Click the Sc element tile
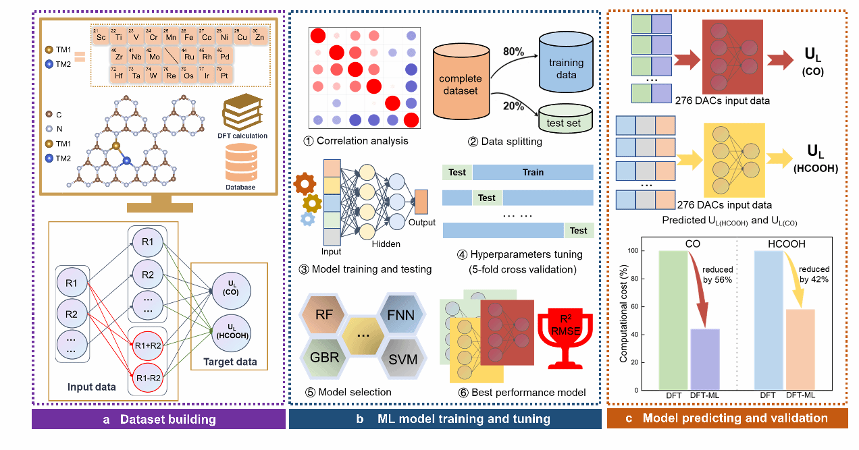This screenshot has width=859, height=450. (101, 36)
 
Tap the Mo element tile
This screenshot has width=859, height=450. (155, 56)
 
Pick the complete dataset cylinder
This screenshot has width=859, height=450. (461, 79)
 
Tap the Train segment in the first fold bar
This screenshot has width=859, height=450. (532, 173)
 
